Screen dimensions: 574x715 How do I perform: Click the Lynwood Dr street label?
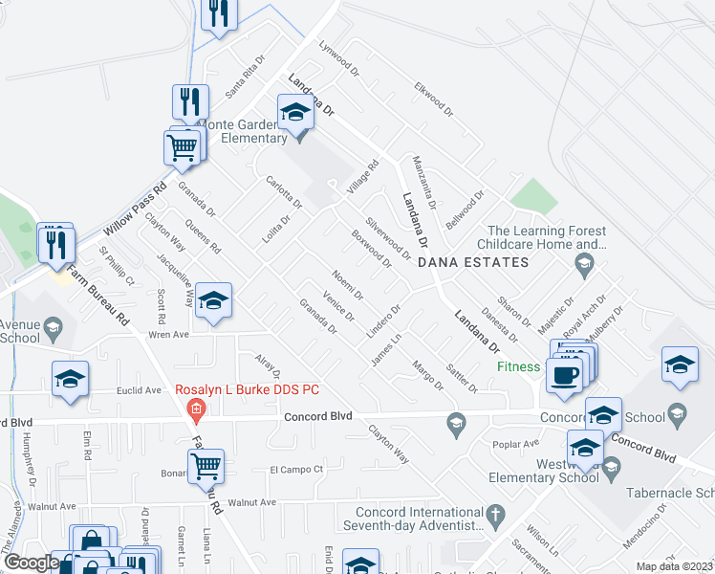(338, 57)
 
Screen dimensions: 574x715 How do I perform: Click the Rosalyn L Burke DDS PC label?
(247, 390)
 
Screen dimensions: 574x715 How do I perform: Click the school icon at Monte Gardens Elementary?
(295, 115)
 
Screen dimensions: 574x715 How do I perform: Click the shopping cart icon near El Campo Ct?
(206, 466)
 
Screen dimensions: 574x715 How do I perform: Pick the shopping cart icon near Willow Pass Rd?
(182, 147)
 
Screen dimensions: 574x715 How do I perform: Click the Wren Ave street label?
(168, 336)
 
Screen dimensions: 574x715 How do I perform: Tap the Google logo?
(31, 563)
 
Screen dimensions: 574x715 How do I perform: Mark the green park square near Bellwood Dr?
(533, 195)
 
